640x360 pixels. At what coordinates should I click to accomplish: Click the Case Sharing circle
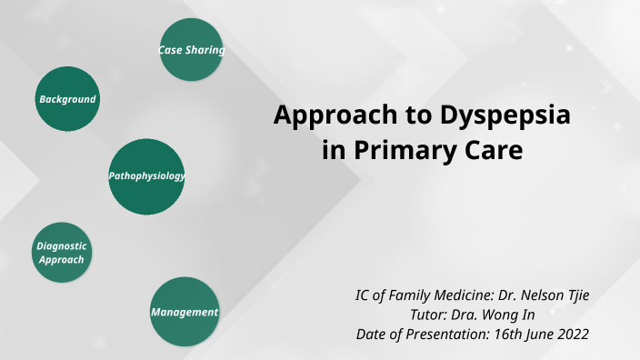tap(191, 50)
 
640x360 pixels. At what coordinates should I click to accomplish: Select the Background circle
tap(67, 98)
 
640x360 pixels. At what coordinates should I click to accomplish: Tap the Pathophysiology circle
tap(146, 176)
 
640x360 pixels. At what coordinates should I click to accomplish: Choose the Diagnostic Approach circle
tap(61, 253)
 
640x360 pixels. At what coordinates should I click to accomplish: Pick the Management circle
tap(184, 312)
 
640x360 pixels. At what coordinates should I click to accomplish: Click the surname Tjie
tap(575, 296)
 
